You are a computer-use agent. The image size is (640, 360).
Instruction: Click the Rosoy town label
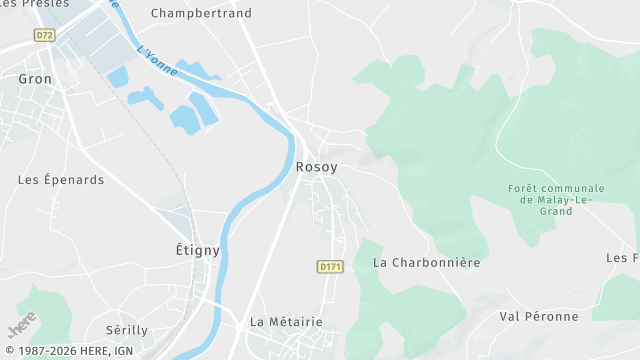pyautogui.click(x=316, y=167)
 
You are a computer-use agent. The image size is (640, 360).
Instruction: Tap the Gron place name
pyautogui.click(x=35, y=77)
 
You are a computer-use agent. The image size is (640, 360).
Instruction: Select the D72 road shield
pyautogui.click(x=44, y=34)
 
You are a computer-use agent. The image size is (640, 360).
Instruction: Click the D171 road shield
pyautogui.click(x=330, y=266)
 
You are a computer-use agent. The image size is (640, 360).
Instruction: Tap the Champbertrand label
pyautogui.click(x=201, y=13)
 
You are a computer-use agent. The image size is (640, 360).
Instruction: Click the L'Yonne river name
pyautogui.click(x=157, y=64)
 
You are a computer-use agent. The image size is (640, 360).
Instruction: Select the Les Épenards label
pyautogui.click(x=61, y=180)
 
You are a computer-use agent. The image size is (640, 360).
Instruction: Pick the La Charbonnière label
pyautogui.click(x=427, y=262)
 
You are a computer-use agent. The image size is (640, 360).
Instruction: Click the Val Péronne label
pyautogui.click(x=539, y=316)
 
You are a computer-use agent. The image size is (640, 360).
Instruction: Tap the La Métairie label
pyautogui.click(x=286, y=321)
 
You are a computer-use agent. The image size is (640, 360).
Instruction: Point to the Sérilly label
pyautogui.click(x=127, y=329)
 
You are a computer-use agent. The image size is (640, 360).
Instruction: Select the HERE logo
pyautogui.click(x=22, y=326)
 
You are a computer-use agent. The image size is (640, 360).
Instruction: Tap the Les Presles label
pyautogui.click(x=36, y=4)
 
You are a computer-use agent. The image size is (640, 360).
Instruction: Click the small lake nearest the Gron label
pyautogui.click(x=118, y=76)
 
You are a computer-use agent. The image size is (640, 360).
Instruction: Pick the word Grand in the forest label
pyautogui.click(x=556, y=211)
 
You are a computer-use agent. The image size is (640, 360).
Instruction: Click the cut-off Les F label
pyautogui.click(x=622, y=257)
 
